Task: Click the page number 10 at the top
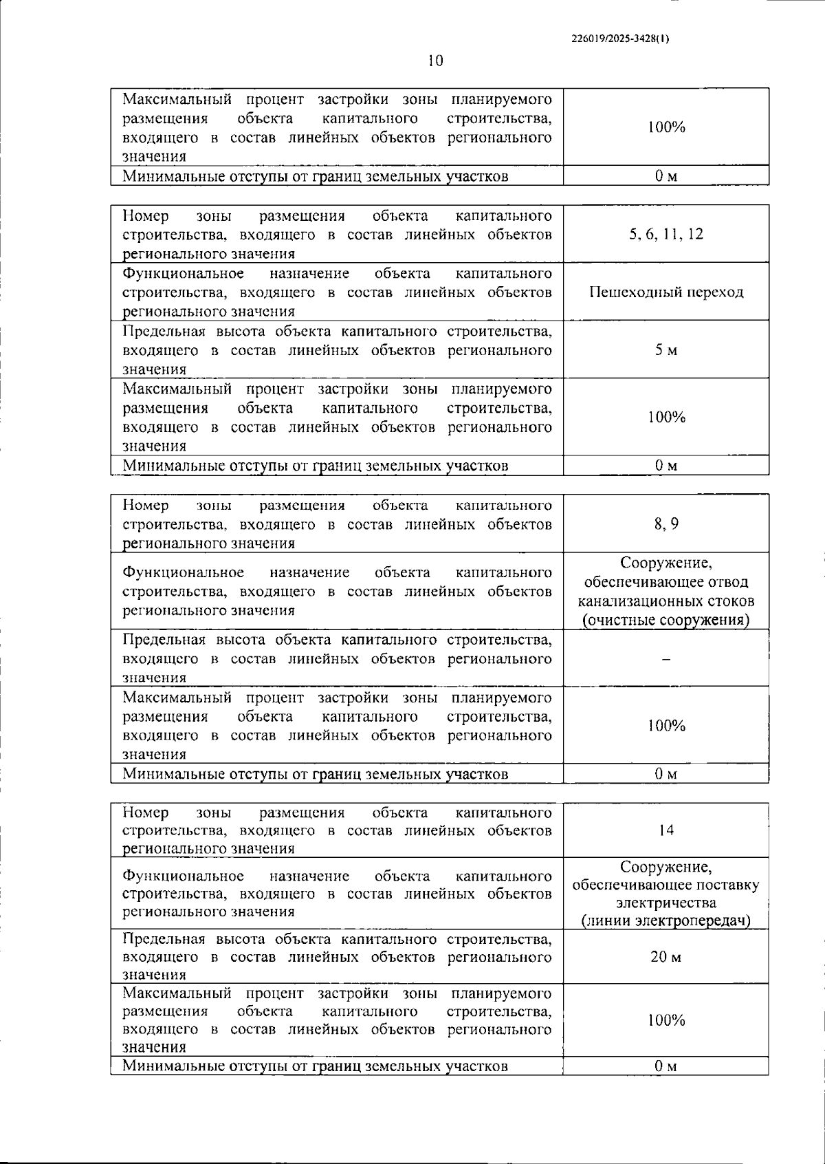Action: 435,61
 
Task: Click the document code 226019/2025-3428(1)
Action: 620,39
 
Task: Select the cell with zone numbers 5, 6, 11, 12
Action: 665,234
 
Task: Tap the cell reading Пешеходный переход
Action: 665,292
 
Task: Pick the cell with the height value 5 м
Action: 665,350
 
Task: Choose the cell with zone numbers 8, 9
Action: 665,524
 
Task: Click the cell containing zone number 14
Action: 665,830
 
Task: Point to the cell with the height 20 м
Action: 665,957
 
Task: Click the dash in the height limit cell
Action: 665,659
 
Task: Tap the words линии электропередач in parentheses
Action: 665,920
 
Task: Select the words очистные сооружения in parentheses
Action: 665,620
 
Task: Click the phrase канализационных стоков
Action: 665,601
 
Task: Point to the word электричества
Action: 665,903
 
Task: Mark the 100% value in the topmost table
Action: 665,127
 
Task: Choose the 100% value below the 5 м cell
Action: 665,417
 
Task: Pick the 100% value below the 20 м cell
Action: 665,1020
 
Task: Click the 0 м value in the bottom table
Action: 665,1066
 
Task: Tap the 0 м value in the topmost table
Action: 665,176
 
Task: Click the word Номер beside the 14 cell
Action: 146,812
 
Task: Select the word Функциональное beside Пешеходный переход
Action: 183,274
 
